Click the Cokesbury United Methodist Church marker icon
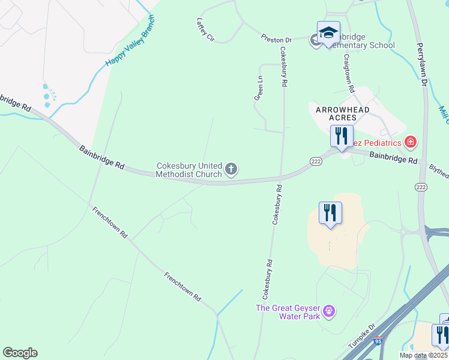[231, 170]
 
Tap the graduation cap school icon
[328, 32]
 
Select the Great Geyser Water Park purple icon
[328, 311]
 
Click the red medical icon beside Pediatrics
[411, 142]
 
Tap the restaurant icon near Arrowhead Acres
[342, 135]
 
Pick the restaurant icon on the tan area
[330, 213]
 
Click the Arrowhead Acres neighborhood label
[340, 113]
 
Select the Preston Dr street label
[276, 39]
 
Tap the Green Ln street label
[259, 88]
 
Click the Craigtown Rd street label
[348, 72]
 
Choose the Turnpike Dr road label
[363, 337]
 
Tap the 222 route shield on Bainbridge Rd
[316, 161]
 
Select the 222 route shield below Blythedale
[420, 188]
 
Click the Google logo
[20, 353]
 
